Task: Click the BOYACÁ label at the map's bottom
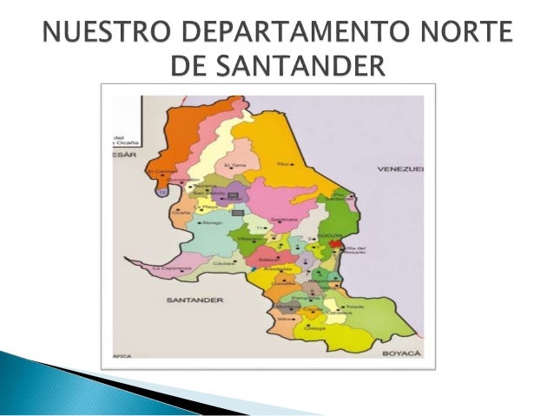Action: point(401,354)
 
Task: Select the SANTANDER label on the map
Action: point(195,300)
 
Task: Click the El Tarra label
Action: point(234,165)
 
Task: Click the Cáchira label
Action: point(223,261)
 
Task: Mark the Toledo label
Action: point(354,306)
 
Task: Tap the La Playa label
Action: point(206,208)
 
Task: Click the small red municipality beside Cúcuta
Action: point(334,245)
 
